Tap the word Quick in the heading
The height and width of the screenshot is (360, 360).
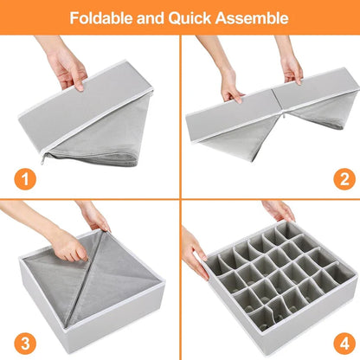(196, 17)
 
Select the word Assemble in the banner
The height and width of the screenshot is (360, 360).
(255, 17)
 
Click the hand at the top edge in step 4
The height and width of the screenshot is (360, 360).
(280, 210)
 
